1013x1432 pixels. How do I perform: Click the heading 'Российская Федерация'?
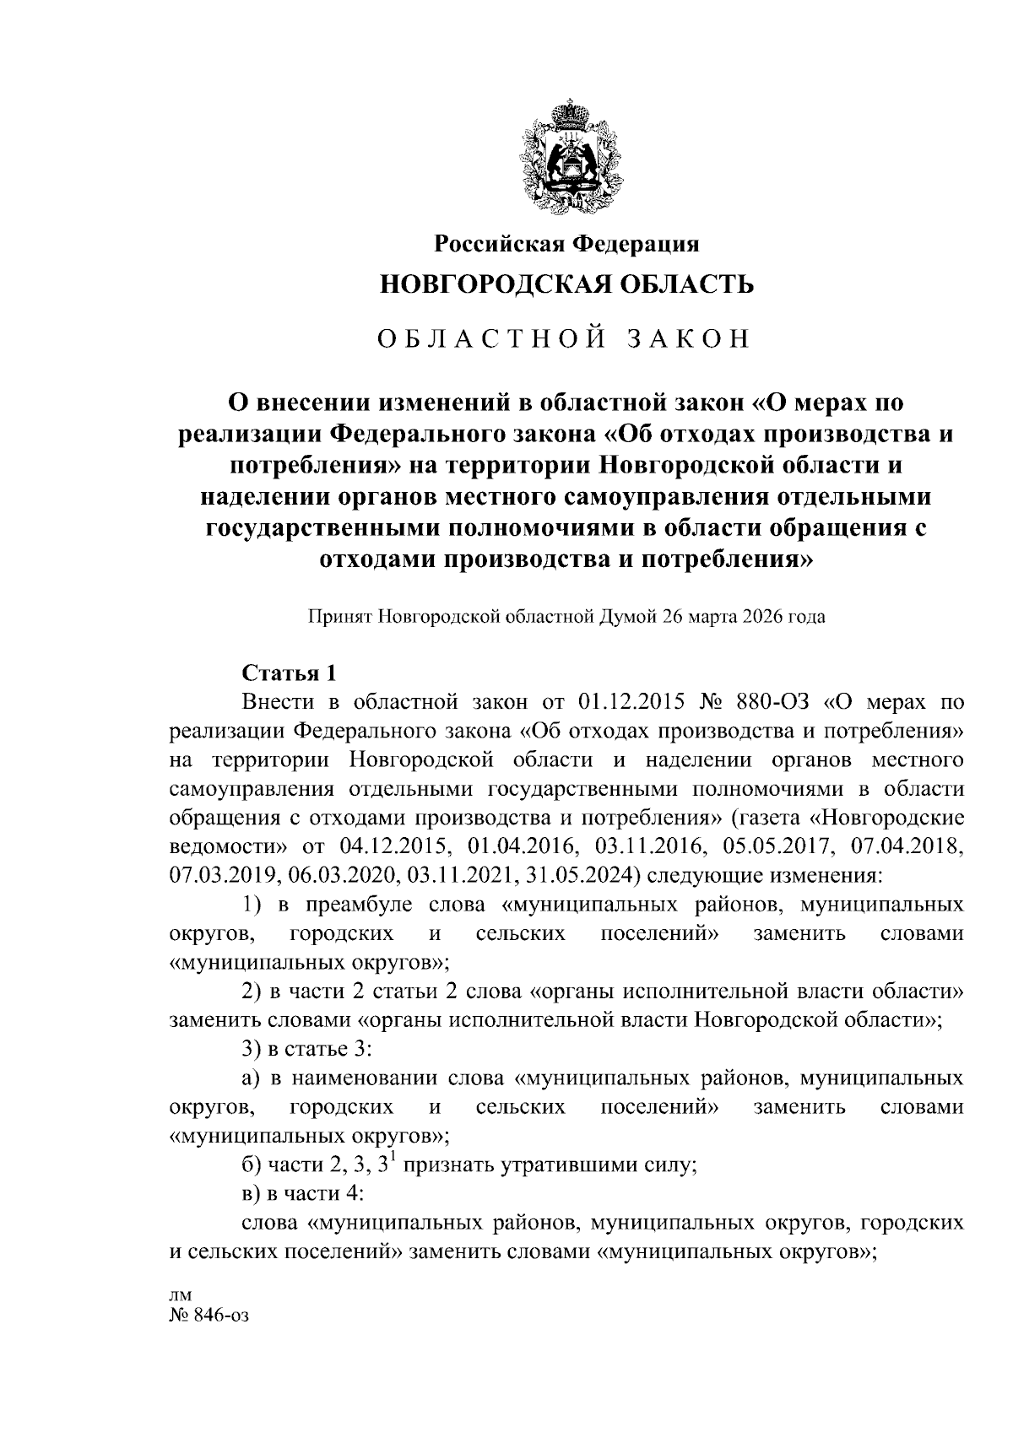(x=566, y=245)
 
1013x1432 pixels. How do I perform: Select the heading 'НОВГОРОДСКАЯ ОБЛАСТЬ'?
(x=566, y=285)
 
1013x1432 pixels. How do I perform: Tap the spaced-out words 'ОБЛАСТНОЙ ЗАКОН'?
(x=564, y=338)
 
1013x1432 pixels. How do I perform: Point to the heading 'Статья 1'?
(x=290, y=673)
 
